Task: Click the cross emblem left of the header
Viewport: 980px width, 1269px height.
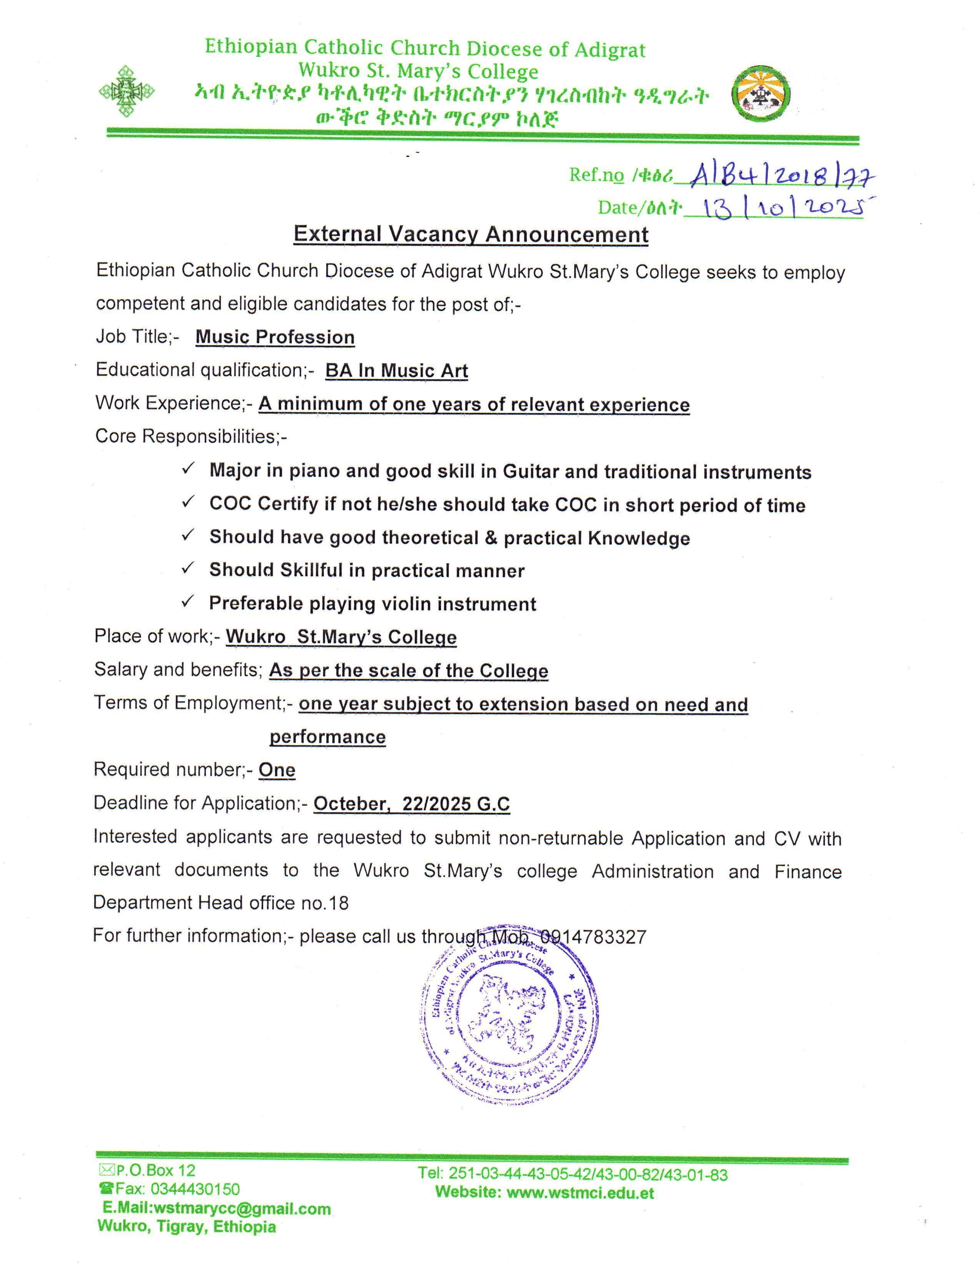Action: point(126,91)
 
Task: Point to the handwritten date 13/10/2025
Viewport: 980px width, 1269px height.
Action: point(781,207)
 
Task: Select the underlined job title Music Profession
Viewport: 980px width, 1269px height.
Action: point(275,337)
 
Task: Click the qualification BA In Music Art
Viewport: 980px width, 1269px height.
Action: point(397,371)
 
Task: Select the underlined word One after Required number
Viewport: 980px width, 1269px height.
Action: point(277,770)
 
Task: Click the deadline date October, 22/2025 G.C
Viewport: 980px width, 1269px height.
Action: point(411,804)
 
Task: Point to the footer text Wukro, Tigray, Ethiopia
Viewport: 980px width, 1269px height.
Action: point(187,1227)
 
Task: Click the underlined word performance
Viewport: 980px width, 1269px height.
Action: point(327,737)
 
